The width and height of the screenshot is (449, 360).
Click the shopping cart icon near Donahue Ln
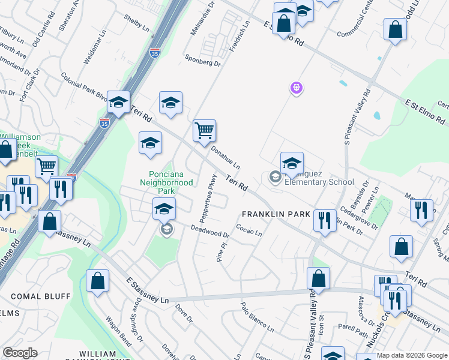(x=204, y=130)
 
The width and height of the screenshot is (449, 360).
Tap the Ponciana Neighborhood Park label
(x=166, y=178)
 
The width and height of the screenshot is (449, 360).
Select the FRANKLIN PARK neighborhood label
(x=276, y=214)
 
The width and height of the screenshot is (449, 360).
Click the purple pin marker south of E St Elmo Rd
(x=295, y=88)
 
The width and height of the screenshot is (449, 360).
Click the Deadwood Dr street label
(x=210, y=232)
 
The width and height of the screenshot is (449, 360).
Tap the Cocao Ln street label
(x=249, y=231)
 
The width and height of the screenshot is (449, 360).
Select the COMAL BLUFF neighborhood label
(x=41, y=296)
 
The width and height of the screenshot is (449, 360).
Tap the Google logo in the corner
(x=20, y=353)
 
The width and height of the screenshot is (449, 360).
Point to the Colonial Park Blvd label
(x=84, y=88)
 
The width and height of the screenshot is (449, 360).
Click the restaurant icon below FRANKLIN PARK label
(x=324, y=220)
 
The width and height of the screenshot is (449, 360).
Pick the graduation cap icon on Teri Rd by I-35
(x=119, y=102)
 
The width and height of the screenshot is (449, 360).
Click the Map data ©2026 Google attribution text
(x=412, y=355)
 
